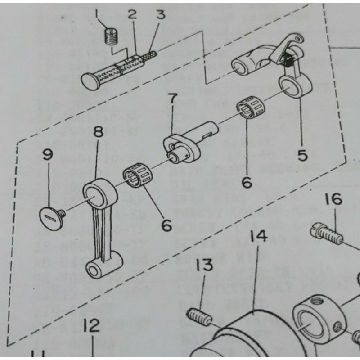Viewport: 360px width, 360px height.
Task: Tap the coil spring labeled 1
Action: click(110, 36)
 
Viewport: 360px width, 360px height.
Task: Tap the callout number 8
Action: click(99, 132)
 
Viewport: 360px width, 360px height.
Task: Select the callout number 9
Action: click(48, 155)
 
